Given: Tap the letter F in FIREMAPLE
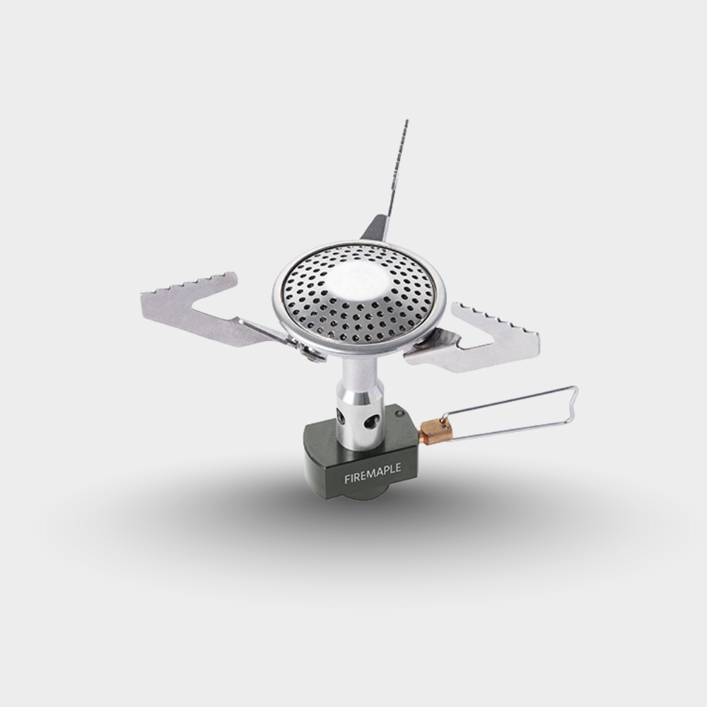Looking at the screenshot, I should coord(346,479).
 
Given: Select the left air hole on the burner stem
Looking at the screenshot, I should coord(341,415).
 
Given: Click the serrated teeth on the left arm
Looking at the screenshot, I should coord(191,282).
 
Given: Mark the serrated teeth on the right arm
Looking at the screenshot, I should coord(495,317).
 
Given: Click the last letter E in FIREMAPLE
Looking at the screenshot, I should coord(397,468).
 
